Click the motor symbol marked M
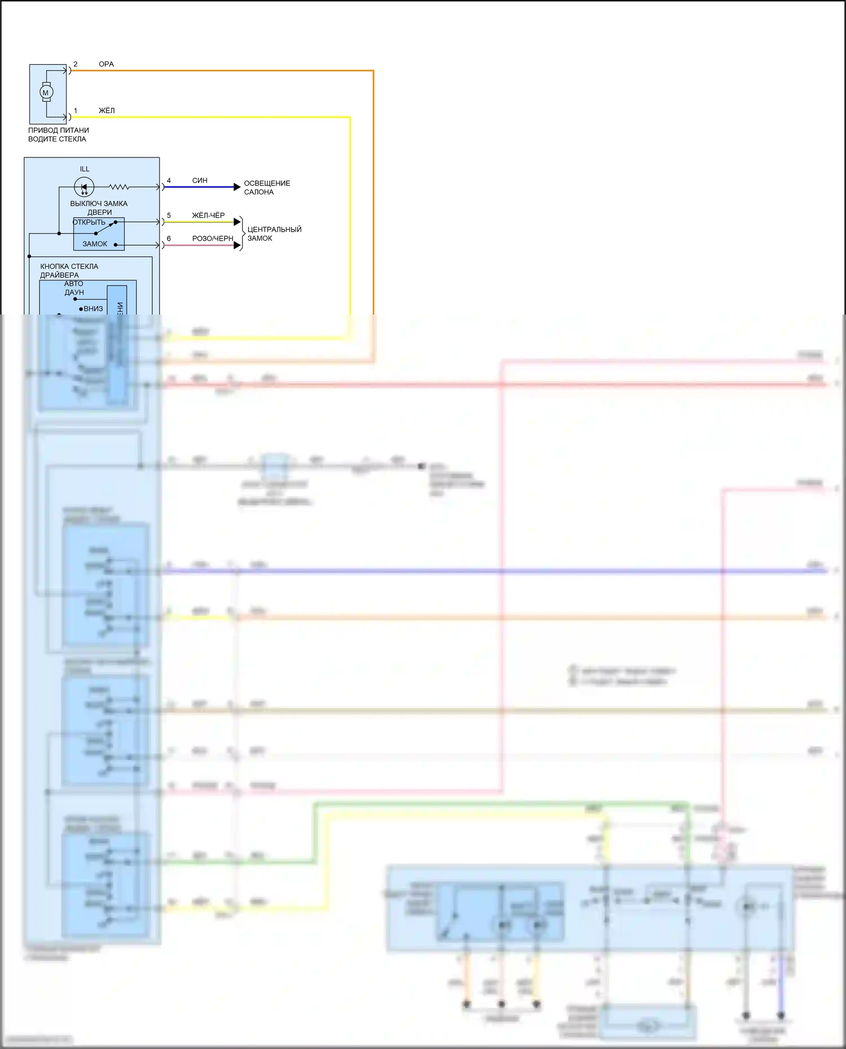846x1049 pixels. [46, 92]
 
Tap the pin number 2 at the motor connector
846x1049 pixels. [76, 64]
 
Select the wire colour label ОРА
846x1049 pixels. [106, 64]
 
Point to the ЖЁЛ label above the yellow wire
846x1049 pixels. [107, 110]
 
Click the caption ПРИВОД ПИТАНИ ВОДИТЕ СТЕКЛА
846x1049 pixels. [58, 135]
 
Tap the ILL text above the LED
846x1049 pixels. [85, 169]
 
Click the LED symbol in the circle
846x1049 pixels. [84, 187]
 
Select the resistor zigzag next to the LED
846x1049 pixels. [119, 187]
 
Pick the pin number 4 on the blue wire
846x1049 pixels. [169, 180]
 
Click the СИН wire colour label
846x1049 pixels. [200, 180]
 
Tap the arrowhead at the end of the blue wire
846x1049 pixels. [237, 187]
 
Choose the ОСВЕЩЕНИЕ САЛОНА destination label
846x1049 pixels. [267, 188]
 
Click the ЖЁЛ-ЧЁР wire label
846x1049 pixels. [208, 215]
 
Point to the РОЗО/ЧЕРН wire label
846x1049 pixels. [213, 238]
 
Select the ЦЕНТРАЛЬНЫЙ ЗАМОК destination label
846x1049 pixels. [274, 234]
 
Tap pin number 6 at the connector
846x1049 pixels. [169, 238]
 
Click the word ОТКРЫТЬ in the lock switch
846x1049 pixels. [89, 222]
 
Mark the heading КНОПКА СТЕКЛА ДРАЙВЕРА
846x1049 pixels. [69, 271]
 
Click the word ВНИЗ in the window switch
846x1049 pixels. [93, 309]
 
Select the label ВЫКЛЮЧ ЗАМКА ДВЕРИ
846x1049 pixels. [99, 208]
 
